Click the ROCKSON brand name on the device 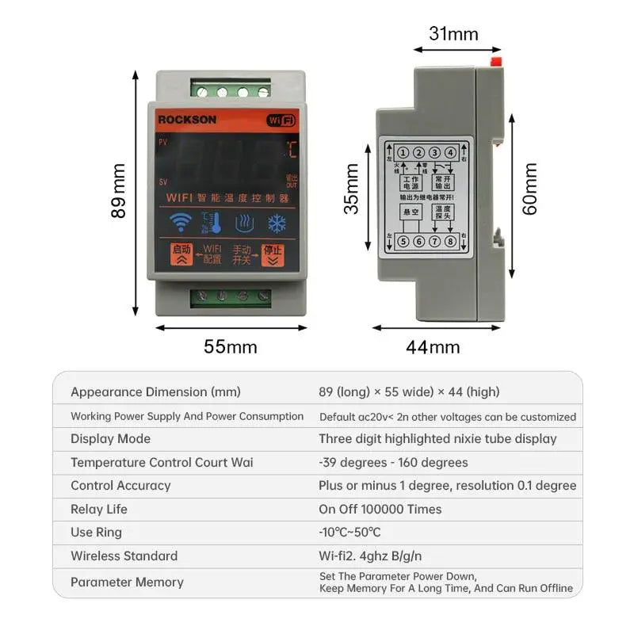[x=187, y=120]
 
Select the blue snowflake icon [x=277, y=223]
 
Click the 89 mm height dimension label [x=119, y=191]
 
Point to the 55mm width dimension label [x=231, y=347]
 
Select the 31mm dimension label [x=453, y=34]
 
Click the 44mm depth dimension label [x=433, y=347]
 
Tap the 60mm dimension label [x=530, y=189]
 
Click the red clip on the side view [x=497, y=60]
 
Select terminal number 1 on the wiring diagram [x=403, y=153]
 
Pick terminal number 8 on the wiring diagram [x=450, y=242]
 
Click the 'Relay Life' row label [x=99, y=509]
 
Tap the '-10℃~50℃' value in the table [x=349, y=533]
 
